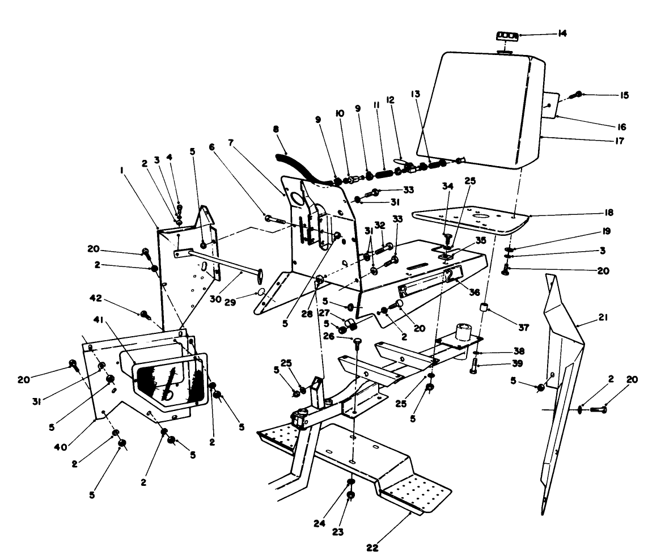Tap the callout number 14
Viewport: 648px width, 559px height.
[x=562, y=34]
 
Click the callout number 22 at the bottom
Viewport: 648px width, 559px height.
[x=371, y=548]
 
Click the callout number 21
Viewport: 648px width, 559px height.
[x=603, y=319]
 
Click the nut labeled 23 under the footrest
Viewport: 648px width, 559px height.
[x=351, y=496]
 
